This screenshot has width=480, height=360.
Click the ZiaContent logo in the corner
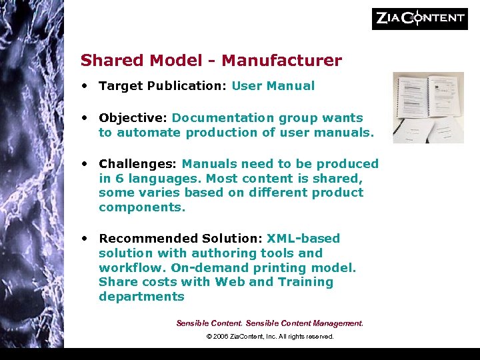[419, 18]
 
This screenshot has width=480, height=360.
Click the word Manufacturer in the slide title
[281, 61]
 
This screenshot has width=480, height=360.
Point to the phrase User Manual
[273, 86]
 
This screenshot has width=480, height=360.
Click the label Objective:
[133, 118]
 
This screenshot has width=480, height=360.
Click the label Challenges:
[138, 164]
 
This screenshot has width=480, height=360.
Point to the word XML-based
[303, 239]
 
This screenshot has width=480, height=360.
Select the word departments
[141, 297]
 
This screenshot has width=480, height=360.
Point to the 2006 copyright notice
[269, 337]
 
